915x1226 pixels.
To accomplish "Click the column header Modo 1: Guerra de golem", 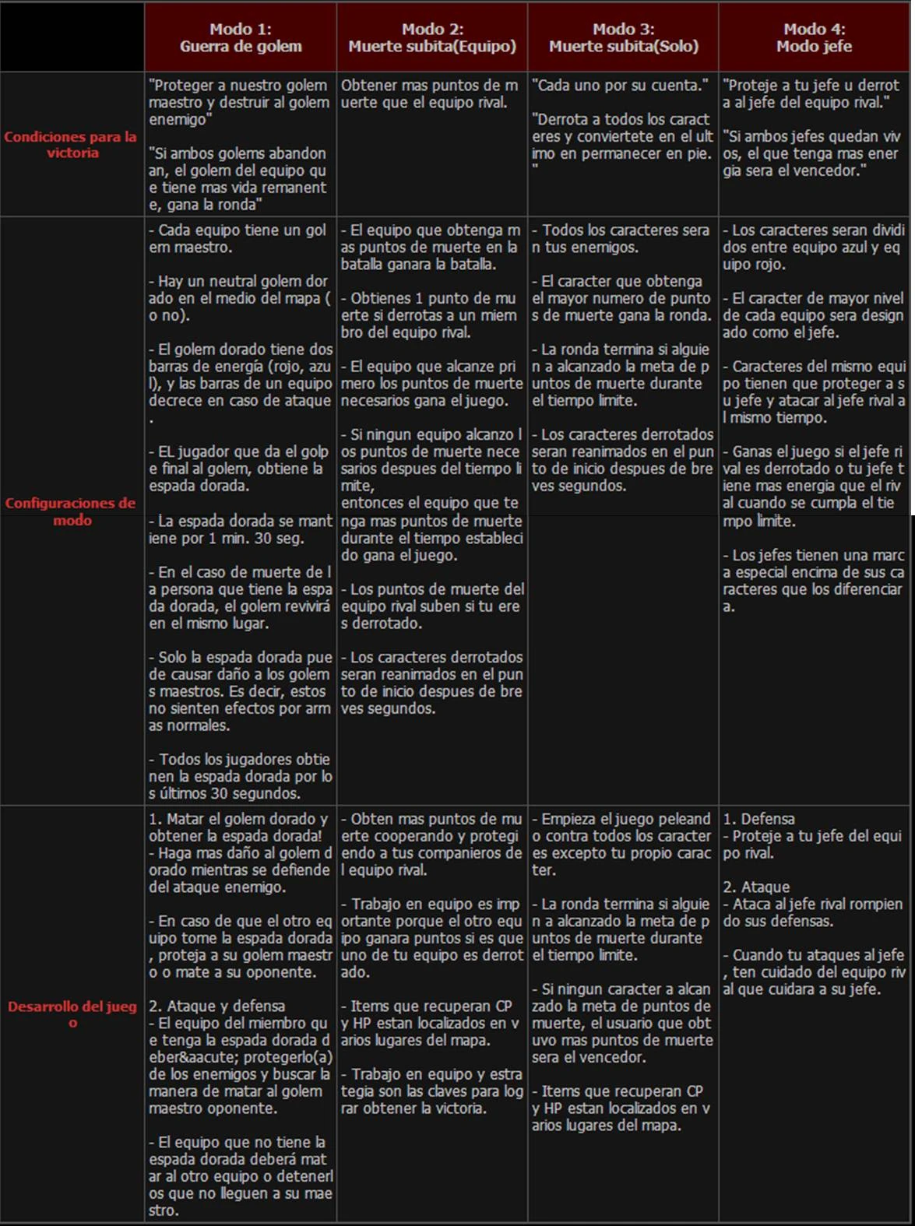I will (241, 37).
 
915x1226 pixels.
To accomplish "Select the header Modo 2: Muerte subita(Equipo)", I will (432, 37).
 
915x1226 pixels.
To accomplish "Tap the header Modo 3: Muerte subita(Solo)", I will (623, 37).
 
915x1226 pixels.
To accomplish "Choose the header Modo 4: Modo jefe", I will (814, 37).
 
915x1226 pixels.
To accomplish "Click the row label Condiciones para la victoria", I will (71, 145).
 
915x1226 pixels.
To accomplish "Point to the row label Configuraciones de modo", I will (71, 511).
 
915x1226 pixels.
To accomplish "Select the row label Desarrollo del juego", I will (72, 1014).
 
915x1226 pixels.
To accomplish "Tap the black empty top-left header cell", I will (72, 37).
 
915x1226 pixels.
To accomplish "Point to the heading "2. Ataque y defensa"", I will (216, 1006).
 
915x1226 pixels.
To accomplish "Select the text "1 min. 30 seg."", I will (258, 538).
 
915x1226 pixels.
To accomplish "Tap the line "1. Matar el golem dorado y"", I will (238, 819).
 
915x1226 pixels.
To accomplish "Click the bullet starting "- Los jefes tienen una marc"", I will (814, 555).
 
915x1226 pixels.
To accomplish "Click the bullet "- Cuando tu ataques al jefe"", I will (814, 955).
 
